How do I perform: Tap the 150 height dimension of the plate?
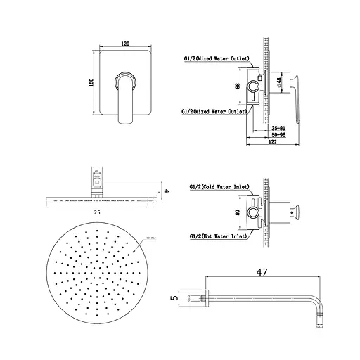(91, 82)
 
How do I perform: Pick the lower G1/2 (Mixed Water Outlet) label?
(213, 111)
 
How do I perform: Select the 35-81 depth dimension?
(278, 129)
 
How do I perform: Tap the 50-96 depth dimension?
(278, 136)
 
